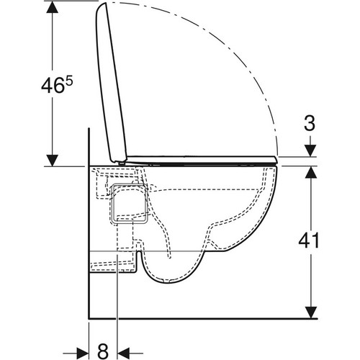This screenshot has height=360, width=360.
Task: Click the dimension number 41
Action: tap(309, 240)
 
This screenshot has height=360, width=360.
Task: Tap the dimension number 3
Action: tap(310, 123)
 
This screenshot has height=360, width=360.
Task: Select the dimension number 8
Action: tap(103, 351)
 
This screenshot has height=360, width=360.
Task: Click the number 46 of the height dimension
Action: tap(53, 86)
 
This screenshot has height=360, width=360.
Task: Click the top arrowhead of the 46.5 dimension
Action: tap(53, 7)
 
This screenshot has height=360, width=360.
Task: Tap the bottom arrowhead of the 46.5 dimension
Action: tap(53, 161)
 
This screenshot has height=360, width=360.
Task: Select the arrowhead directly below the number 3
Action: tap(311, 151)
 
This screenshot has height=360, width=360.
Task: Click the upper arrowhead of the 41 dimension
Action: tap(311, 172)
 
